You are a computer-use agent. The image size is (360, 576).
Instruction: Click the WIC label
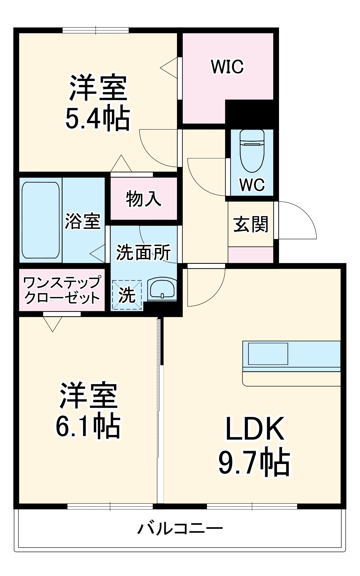(227, 67)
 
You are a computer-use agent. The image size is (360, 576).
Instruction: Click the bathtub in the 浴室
(41, 220)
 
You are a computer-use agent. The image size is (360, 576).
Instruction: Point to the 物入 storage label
(144, 199)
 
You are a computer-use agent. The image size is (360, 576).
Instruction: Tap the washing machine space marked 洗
(127, 295)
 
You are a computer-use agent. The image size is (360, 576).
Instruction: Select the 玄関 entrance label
(250, 224)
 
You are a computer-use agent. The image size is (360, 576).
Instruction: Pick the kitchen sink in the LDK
(268, 354)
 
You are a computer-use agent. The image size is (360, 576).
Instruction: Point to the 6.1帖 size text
(88, 426)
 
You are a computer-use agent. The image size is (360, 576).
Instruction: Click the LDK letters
(255, 429)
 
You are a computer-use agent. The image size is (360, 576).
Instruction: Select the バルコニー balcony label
(180, 529)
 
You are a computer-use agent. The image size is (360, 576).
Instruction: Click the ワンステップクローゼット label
(62, 290)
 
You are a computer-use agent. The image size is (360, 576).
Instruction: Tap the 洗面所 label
(143, 252)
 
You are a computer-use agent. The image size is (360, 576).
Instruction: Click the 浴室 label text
(82, 221)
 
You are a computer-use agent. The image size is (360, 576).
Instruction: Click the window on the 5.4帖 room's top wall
(96, 30)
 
